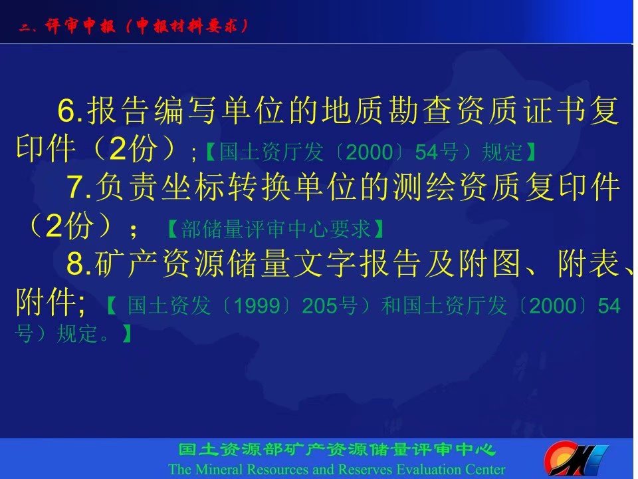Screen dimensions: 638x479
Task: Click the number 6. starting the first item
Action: (x=70, y=110)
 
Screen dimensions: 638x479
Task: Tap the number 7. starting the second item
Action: (x=79, y=186)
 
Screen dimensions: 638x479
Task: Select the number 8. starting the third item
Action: (x=79, y=263)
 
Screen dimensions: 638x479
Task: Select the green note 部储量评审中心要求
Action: (x=275, y=229)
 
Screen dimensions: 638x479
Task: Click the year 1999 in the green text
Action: (x=257, y=305)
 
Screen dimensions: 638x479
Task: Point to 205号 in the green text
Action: (x=330, y=305)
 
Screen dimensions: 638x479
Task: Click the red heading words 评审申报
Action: (x=80, y=26)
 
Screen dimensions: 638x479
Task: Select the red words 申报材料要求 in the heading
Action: (x=187, y=26)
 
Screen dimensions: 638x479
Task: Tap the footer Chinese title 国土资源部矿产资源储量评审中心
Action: (x=337, y=450)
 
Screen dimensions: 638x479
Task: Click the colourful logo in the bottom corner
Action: (x=576, y=458)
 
